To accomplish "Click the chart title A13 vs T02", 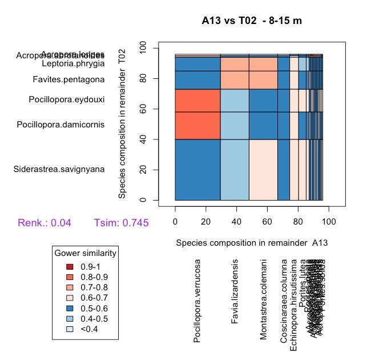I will pyautogui.click(x=252, y=22).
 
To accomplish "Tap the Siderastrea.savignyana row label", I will pyautogui.click(x=59, y=169).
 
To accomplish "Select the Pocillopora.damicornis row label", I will pyautogui.click(x=61, y=124).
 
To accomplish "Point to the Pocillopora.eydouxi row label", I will pyautogui.click(x=67, y=99).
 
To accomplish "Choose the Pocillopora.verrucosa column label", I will pyautogui.click(x=197, y=301).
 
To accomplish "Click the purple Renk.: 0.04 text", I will pyautogui.click(x=45, y=223).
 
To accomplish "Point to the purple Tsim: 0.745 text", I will pyautogui.click(x=121, y=223).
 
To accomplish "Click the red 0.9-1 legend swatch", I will pyautogui.click(x=70, y=267).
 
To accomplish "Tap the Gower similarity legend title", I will pyautogui.click(x=86, y=253).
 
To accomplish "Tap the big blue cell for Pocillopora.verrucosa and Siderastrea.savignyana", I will pyautogui.click(x=197, y=169).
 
